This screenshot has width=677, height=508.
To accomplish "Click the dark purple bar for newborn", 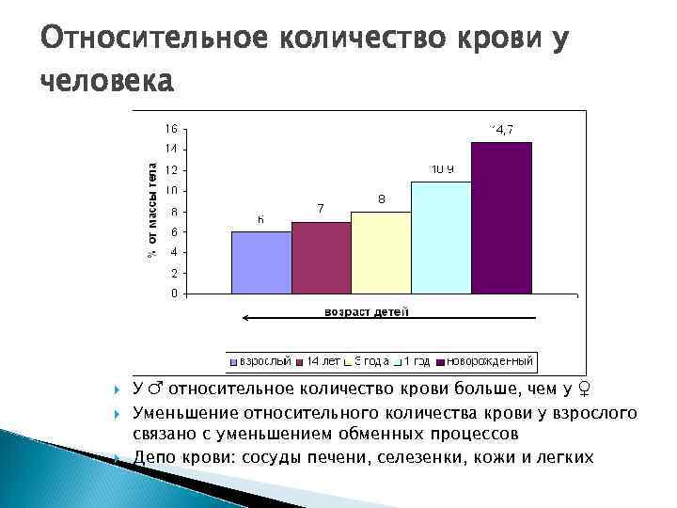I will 501,218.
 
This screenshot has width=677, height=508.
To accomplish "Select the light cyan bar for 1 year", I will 441,238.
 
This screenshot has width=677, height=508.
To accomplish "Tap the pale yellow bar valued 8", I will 381,253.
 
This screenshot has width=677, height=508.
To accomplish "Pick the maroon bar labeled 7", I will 321,258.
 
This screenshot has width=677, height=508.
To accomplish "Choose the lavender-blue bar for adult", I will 260,262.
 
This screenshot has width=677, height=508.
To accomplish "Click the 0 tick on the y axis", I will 172,294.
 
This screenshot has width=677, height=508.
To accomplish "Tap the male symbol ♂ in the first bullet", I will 155,388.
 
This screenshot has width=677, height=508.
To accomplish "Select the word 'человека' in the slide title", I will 106,82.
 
